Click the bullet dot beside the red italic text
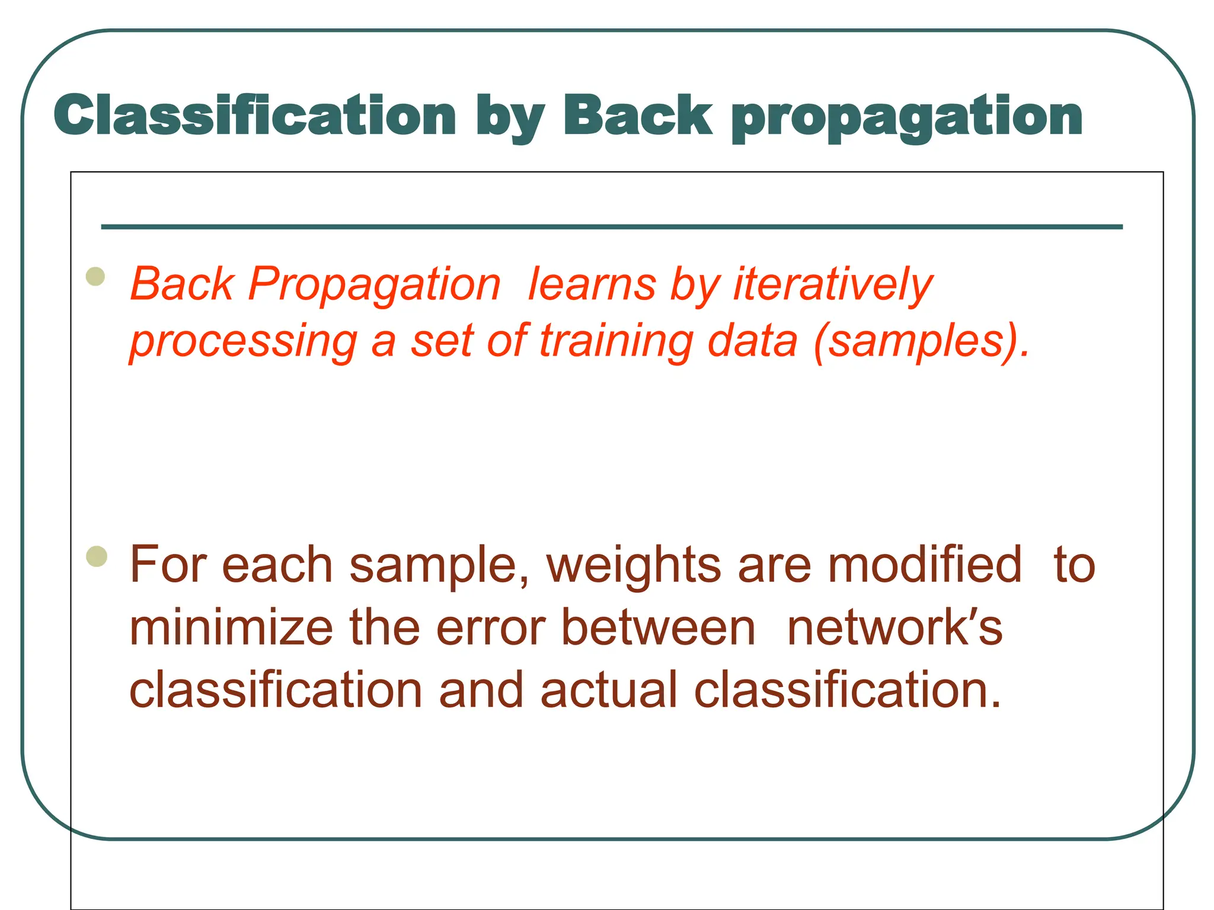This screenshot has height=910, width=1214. (95, 277)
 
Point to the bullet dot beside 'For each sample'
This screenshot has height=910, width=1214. (96, 556)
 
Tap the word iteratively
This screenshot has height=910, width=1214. (833, 284)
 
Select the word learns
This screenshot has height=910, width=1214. (592, 284)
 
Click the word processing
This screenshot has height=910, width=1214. (244, 342)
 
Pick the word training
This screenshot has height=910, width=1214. (616, 342)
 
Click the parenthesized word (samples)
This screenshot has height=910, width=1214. (922, 342)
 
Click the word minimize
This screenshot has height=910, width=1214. (231, 627)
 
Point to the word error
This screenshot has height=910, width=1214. (491, 627)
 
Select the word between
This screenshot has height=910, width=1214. (658, 627)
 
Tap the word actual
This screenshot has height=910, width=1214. (609, 690)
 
